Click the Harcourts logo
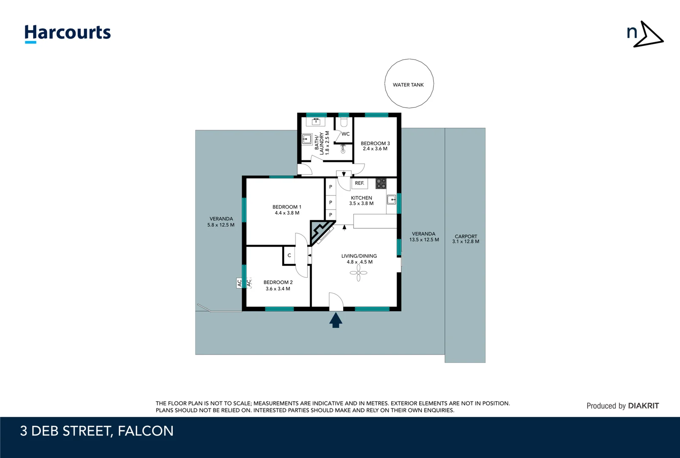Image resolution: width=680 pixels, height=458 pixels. coord(67,33)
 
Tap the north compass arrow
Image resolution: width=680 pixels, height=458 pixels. coord(649,34)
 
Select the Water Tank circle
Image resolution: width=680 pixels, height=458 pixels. coord(409,84)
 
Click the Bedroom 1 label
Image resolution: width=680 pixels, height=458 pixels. coord(287,207)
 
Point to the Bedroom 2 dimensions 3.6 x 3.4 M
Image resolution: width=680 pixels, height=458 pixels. coord(278,289)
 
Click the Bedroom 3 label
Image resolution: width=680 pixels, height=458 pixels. coord(375,143)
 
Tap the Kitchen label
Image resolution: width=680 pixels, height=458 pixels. coord(361,198)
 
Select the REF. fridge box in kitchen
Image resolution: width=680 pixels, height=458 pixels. coord(360,183)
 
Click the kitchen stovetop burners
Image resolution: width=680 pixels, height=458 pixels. coord(381,184)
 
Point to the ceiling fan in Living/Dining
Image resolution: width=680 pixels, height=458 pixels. coord(358,273)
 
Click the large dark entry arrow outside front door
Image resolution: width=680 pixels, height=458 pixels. coord(336,320)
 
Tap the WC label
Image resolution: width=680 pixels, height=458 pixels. coord(346,134)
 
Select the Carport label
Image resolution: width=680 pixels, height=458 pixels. coord(466,236)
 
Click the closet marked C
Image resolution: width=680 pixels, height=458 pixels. coord(289,255)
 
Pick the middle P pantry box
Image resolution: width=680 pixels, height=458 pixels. coord(330,202)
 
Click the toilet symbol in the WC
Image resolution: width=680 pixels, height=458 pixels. coord(344,123)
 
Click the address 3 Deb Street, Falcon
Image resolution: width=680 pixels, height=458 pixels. coord(97,431)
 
